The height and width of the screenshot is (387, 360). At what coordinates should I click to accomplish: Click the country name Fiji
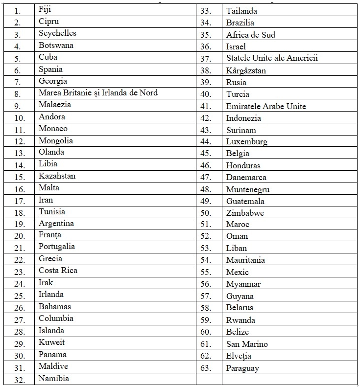tap(45, 9)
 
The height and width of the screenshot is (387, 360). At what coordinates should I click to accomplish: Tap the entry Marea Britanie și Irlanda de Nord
tap(98, 93)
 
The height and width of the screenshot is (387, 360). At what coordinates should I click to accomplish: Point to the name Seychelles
tap(57, 33)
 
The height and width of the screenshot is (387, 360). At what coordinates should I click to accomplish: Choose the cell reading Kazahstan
tap(57, 176)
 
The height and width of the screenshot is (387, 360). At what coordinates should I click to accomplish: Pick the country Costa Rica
tap(58, 271)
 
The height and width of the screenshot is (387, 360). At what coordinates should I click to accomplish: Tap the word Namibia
tap(54, 379)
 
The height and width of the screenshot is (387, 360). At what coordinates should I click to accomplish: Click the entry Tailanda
tap(241, 11)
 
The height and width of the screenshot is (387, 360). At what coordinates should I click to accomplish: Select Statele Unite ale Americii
tap(272, 58)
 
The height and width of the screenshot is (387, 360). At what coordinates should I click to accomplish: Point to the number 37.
tap(206, 59)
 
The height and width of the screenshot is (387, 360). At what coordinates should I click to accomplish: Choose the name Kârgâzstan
tap(246, 70)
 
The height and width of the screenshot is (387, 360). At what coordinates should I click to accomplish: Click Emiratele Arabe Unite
tap(266, 106)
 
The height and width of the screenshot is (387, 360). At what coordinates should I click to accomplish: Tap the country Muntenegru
tap(247, 189)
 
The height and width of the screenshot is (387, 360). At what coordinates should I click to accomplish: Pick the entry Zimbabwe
tap(245, 213)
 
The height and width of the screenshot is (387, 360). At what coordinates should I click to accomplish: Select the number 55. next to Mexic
tap(206, 273)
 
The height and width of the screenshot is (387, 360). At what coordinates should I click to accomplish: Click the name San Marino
tap(247, 344)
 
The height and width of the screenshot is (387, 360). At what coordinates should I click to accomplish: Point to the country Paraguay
tap(242, 368)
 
